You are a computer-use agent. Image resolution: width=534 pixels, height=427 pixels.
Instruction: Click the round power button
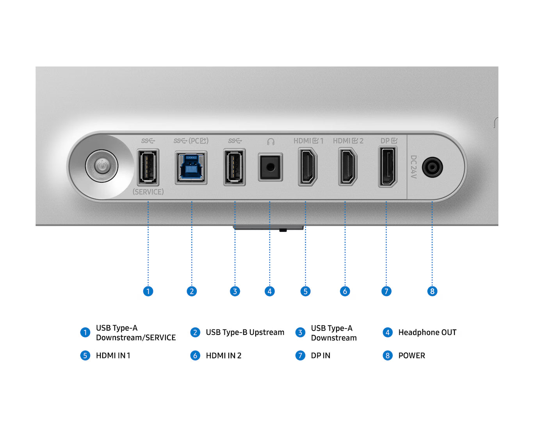tap(102, 166)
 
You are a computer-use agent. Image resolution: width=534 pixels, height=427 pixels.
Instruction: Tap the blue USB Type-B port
tap(191, 167)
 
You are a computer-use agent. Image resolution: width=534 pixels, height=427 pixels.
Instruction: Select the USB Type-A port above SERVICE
tap(148, 167)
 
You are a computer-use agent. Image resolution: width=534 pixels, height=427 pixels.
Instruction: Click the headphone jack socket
tap(270, 167)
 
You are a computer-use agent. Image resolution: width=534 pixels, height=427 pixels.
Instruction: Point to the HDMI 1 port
tap(308, 167)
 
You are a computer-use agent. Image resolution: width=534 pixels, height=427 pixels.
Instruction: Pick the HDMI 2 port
tap(348, 167)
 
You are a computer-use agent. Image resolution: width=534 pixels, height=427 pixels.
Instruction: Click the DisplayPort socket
tap(388, 167)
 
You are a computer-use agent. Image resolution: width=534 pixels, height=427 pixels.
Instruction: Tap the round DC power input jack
tap(432, 167)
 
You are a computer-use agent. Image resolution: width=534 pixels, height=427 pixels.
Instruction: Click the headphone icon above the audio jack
tap(271, 142)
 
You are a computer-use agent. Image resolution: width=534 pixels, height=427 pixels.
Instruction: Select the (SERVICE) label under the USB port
tap(148, 192)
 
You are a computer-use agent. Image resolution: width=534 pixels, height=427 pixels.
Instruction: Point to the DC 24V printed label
tap(413, 167)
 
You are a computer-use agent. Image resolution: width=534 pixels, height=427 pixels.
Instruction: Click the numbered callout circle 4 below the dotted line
tap(270, 291)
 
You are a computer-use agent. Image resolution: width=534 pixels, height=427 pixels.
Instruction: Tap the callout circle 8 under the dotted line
tap(432, 291)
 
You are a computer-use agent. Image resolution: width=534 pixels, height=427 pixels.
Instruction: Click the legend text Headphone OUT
tap(427, 333)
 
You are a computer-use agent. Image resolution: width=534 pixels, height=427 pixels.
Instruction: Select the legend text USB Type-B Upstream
tap(245, 333)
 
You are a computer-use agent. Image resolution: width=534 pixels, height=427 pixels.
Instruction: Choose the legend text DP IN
tap(320, 356)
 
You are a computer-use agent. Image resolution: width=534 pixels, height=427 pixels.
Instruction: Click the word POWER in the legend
tap(412, 356)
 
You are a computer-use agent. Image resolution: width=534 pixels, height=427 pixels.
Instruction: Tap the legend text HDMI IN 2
tap(224, 356)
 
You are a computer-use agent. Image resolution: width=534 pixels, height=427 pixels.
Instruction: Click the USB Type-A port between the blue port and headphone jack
tap(235, 167)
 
